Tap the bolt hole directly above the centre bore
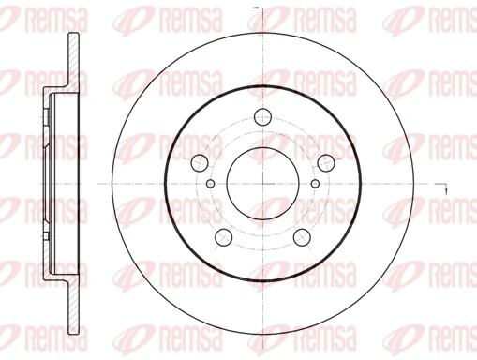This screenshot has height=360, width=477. tap(262, 116)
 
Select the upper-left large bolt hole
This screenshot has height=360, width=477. tap(200, 161)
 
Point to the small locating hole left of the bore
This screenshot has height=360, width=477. tap(210, 183)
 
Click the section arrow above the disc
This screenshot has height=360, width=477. tap(267, 10)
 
